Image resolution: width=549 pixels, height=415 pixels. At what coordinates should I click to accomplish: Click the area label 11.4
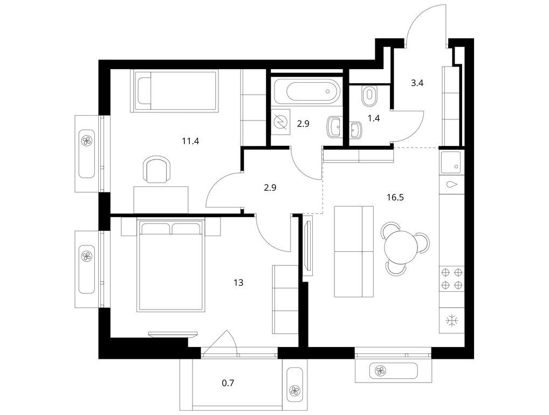click(189, 142)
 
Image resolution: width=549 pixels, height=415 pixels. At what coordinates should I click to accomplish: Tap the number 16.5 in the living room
click(395, 197)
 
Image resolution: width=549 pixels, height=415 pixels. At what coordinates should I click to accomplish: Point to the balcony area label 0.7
click(228, 384)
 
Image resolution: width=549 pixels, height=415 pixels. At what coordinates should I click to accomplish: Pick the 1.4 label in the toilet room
click(373, 118)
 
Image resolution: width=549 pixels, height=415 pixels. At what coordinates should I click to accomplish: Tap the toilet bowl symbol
click(370, 95)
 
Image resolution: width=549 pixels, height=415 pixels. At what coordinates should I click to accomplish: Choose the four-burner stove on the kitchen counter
click(452, 279)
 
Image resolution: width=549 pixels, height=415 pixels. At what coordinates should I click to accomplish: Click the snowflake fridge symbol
click(452, 321)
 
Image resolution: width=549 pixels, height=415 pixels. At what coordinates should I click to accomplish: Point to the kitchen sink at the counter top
click(451, 161)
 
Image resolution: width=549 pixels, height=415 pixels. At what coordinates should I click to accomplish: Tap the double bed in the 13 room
click(172, 265)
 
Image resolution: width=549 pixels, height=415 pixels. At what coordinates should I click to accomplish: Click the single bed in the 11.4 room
click(174, 91)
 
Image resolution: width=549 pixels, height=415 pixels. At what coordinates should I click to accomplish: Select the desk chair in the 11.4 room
click(157, 170)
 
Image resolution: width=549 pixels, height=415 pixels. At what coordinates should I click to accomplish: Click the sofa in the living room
click(354, 251)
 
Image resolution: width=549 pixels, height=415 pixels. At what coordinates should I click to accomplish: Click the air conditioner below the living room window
click(394, 371)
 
